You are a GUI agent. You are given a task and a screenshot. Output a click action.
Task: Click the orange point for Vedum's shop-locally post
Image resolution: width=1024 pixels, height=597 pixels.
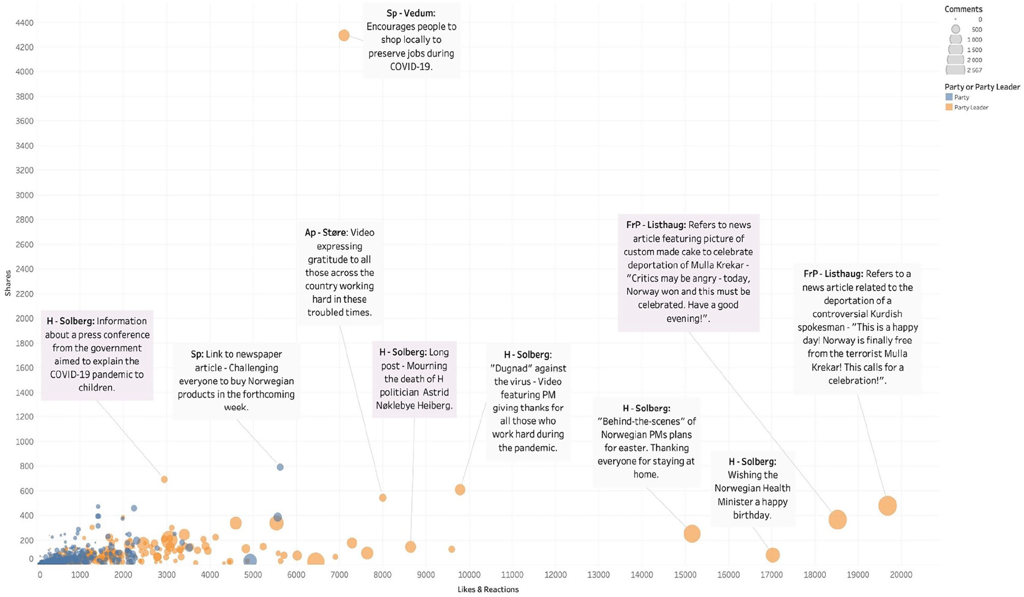coord(344,35)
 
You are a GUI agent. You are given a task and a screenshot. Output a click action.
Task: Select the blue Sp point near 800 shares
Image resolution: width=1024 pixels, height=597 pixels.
coord(280,467)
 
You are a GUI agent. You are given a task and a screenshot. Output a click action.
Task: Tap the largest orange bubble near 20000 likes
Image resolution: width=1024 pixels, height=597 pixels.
coord(887,506)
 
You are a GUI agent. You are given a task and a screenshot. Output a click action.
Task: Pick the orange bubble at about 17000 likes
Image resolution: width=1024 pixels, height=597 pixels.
coord(772,555)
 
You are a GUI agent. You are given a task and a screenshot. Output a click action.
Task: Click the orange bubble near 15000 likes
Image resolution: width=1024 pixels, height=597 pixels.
coord(692,533)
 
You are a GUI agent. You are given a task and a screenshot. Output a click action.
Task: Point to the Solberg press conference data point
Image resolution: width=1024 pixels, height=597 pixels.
coord(164,479)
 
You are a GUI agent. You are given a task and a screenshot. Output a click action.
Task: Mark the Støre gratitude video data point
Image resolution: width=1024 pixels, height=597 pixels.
coord(382,497)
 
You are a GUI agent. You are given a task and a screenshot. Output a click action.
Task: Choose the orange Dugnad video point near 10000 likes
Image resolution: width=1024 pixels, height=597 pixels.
coord(460,489)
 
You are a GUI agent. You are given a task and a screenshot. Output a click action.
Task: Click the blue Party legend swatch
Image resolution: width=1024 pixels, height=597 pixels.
coord(949,97)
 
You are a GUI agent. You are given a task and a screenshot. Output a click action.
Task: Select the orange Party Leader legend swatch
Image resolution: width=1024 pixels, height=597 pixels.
coord(949,107)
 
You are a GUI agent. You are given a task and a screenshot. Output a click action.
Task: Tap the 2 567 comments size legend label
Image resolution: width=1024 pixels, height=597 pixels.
coord(975,70)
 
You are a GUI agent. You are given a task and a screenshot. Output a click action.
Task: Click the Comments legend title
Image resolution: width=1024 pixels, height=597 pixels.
coord(963,9)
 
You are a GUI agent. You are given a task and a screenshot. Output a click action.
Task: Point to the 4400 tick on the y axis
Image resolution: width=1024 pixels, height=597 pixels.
coord(25,23)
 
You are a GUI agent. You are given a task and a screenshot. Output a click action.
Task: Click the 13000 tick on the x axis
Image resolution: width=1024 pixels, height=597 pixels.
coord(598,574)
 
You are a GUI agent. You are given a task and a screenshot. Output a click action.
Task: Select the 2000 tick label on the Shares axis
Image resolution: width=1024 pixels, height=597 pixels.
coord(25,318)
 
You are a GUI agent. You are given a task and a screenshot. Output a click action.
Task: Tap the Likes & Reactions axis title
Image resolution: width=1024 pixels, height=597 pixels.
coord(488,589)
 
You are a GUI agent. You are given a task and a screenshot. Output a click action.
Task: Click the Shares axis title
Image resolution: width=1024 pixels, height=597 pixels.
coord(8,283)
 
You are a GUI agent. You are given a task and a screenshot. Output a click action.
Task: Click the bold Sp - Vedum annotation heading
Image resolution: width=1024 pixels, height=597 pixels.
coord(411,13)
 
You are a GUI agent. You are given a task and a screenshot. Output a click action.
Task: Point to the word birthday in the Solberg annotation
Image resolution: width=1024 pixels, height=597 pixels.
coord(752,515)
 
